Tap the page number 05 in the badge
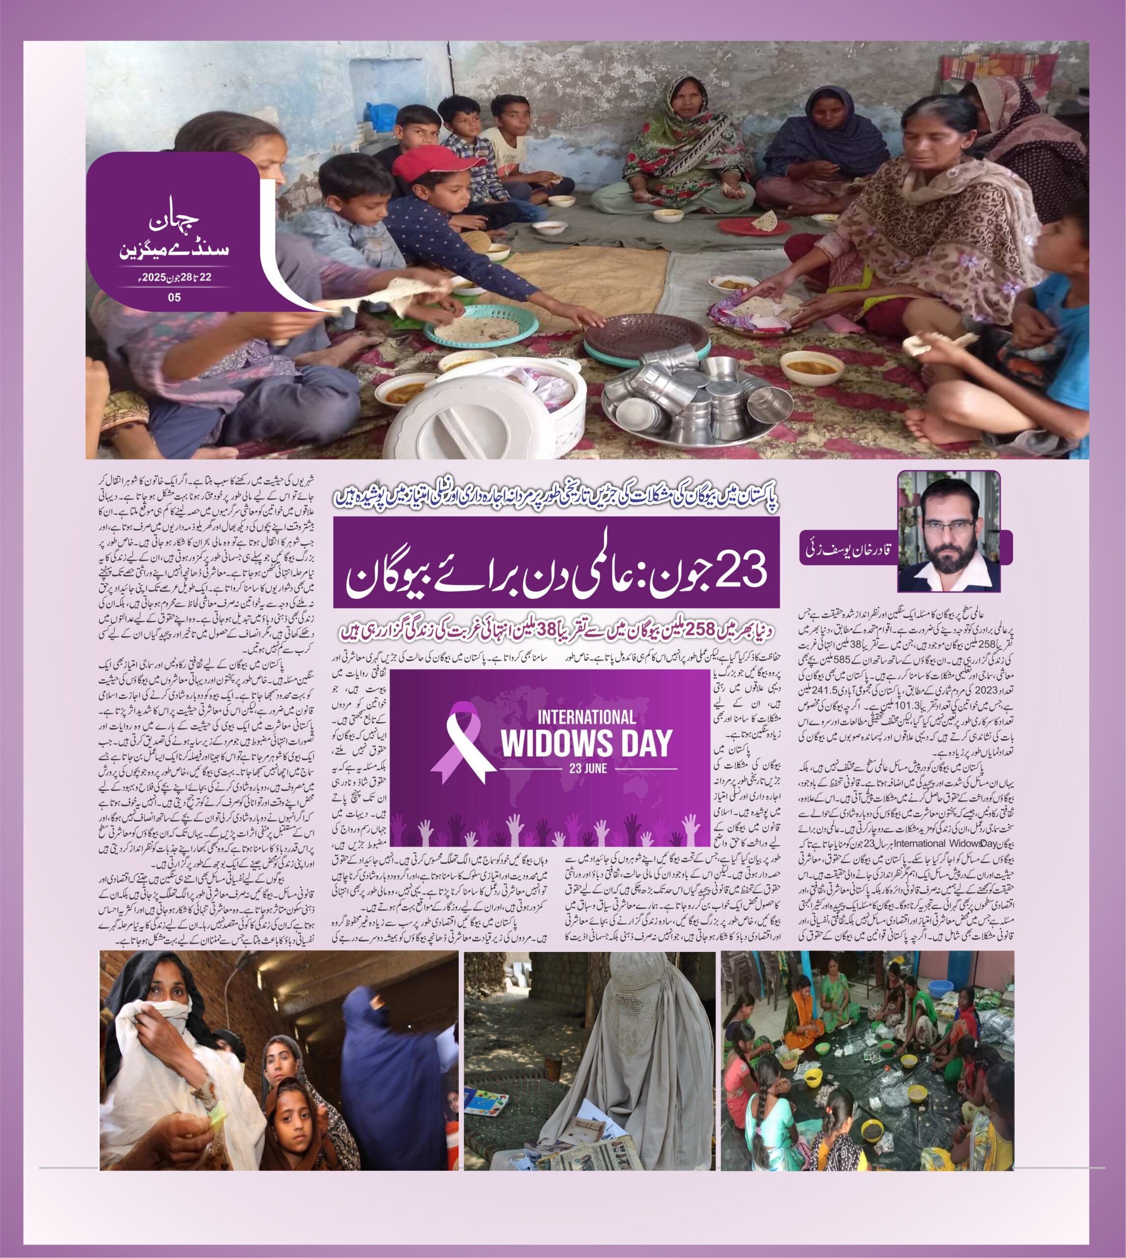point(174,297)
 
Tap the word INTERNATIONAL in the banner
point(586,717)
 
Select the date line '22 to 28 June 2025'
point(174,278)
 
